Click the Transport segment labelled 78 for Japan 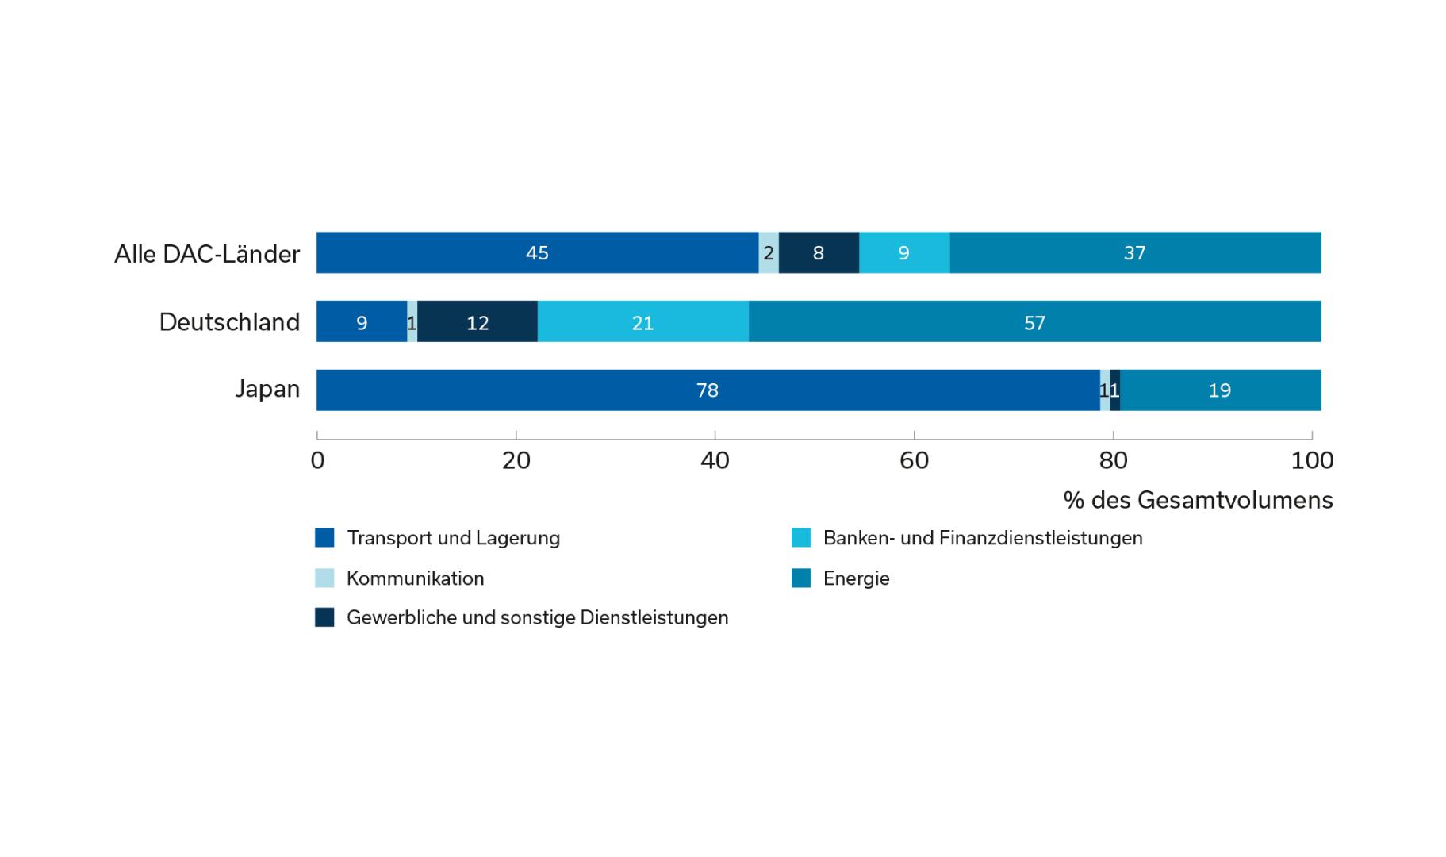(708, 390)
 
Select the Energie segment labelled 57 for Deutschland (1034, 322)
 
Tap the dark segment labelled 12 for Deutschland (478, 322)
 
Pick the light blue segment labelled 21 (642, 322)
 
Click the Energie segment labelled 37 (1134, 253)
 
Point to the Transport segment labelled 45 (537, 253)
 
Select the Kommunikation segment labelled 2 (769, 253)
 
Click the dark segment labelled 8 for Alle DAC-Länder (819, 253)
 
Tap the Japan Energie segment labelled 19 (1220, 390)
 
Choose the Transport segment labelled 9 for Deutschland (362, 322)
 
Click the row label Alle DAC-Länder (207, 254)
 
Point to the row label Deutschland (229, 322)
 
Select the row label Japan (267, 389)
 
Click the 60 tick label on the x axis (914, 461)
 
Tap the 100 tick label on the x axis (1312, 461)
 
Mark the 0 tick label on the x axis (317, 461)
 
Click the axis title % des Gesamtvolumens (1198, 500)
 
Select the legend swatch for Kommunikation (324, 578)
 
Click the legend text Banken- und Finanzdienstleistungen (983, 538)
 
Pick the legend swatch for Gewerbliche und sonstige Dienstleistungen (324, 617)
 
